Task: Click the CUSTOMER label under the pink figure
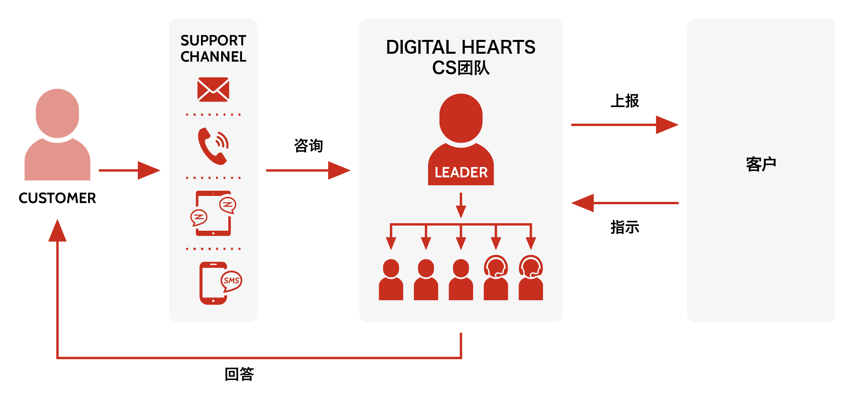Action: click(x=57, y=198)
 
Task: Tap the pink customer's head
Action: click(x=57, y=113)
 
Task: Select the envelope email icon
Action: click(x=213, y=89)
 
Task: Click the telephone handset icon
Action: click(x=213, y=146)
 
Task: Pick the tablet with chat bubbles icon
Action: click(x=213, y=213)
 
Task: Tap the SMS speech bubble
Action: click(x=231, y=280)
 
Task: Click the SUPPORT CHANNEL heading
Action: click(x=213, y=49)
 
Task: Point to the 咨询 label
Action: click(x=308, y=145)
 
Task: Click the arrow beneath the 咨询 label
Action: click(x=308, y=170)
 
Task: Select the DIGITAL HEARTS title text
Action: click(x=460, y=47)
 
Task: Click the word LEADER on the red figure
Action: click(x=461, y=172)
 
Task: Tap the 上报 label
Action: click(x=625, y=101)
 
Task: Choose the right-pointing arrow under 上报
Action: click(x=625, y=125)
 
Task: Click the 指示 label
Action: click(x=625, y=227)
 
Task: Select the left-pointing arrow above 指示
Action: click(x=625, y=203)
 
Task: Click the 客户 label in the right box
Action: click(x=761, y=164)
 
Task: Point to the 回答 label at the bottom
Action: click(x=239, y=374)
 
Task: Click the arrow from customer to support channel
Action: click(x=130, y=170)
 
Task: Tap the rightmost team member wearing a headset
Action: click(x=531, y=278)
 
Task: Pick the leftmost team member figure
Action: click(x=391, y=280)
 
